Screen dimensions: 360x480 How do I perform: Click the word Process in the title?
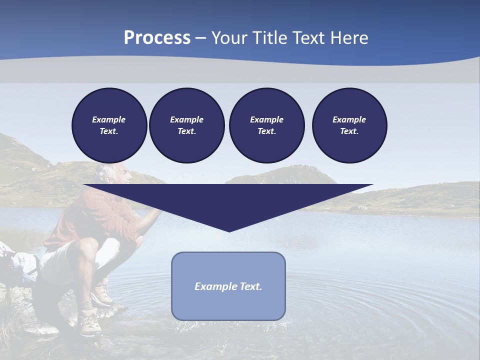[157, 38]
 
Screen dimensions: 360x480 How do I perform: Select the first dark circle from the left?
[109, 125]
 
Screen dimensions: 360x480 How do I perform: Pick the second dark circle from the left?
[186, 125]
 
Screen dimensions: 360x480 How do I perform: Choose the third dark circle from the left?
[266, 125]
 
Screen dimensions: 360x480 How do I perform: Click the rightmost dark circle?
[349, 125]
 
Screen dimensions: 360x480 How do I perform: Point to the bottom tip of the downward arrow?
[229, 231]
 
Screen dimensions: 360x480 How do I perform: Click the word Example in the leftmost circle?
[109, 119]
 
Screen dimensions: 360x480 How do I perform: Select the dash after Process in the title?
[200, 38]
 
